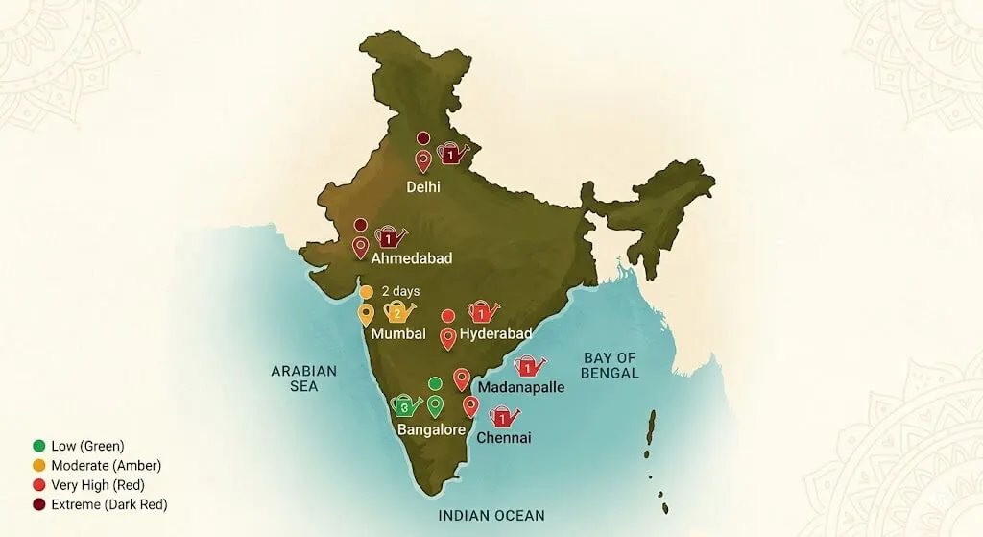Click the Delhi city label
click(x=422, y=186)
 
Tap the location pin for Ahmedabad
click(x=361, y=247)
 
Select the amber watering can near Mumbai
click(x=397, y=312)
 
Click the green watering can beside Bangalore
click(x=405, y=406)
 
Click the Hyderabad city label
click(x=495, y=334)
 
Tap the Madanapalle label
click(x=520, y=387)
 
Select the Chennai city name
click(x=503, y=438)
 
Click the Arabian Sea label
click(x=304, y=378)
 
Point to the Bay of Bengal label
click(x=611, y=365)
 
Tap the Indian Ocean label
click(x=491, y=516)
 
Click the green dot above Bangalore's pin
click(x=435, y=383)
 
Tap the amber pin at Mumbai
click(x=366, y=314)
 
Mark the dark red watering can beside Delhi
click(x=450, y=154)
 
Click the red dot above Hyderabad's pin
click(x=447, y=315)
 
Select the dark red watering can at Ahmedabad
click(x=390, y=237)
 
